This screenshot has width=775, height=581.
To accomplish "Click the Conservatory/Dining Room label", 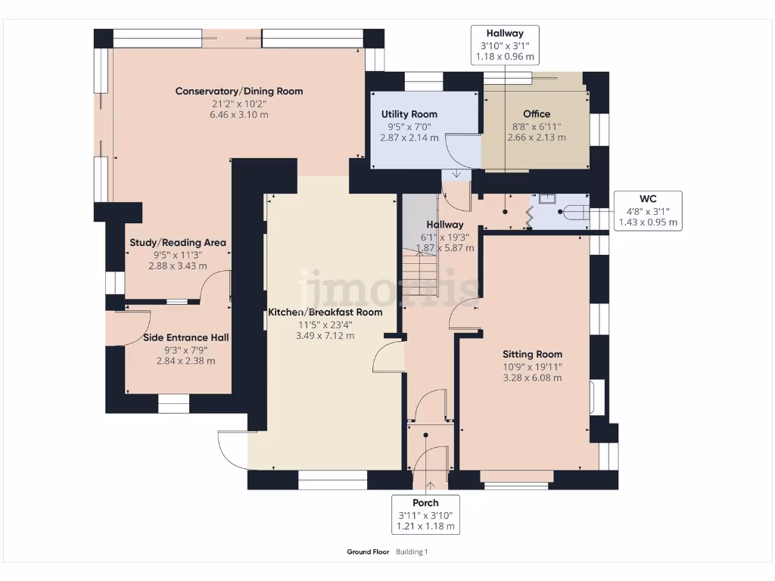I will click(239, 92).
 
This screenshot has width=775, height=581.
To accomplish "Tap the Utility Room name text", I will click(409, 114).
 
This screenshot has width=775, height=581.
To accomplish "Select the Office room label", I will click(537, 114).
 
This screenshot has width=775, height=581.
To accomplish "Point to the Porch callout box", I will click(425, 514).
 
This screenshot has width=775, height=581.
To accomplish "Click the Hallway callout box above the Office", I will click(505, 45).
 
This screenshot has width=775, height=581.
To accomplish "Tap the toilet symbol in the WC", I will click(573, 212).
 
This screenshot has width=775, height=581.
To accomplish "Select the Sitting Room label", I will click(533, 354).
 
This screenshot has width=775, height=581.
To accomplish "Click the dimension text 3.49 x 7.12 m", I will click(325, 336).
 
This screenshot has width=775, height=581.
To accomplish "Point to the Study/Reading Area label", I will click(178, 243).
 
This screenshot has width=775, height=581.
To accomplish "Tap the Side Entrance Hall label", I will click(186, 337).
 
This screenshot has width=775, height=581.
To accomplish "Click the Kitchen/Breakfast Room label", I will click(325, 312).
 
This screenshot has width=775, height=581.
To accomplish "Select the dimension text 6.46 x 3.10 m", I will click(239, 115).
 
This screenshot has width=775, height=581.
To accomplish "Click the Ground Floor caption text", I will click(368, 552).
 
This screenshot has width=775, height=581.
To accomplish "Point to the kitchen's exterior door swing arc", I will click(229, 448).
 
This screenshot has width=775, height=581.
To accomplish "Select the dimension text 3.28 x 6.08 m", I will click(533, 377).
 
